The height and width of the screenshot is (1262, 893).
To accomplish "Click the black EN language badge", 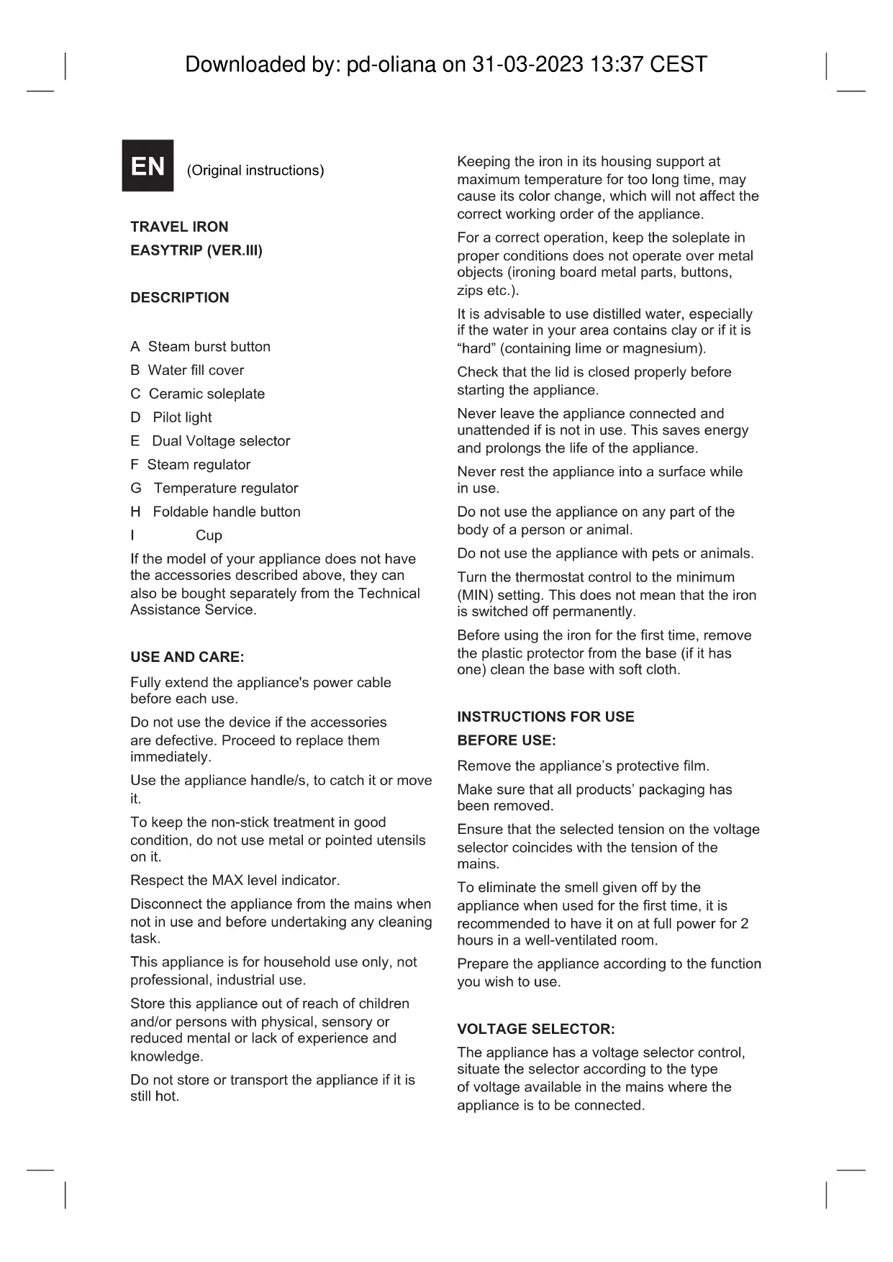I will (x=148, y=166).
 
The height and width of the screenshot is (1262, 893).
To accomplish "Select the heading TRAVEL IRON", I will (x=179, y=227).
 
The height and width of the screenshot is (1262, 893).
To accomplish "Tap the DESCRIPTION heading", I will (x=180, y=297).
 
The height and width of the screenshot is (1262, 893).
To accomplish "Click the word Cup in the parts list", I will (x=209, y=535).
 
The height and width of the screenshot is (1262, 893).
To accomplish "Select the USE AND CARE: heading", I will (x=187, y=657).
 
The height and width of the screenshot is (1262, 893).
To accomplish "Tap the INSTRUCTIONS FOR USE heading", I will (x=545, y=717).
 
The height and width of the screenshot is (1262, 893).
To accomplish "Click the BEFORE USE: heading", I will (x=506, y=740).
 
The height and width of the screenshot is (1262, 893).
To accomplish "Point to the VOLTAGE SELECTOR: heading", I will (x=535, y=1029).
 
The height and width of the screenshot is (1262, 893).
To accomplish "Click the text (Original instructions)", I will (x=255, y=171).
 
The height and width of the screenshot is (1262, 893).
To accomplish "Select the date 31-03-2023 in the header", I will (x=527, y=65).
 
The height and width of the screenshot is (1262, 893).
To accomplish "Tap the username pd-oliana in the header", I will (x=391, y=65).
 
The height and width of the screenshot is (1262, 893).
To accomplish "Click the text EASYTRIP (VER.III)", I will (x=196, y=250).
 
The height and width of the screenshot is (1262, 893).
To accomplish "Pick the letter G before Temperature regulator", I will (x=136, y=489).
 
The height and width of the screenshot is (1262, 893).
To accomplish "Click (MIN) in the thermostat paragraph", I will (x=473, y=595).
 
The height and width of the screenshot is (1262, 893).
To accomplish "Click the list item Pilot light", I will (x=182, y=417).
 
